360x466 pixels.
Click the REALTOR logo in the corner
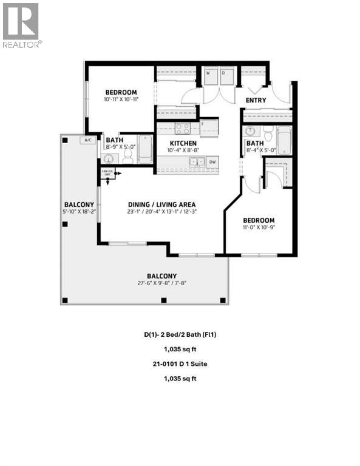[22, 25]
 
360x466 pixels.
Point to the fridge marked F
[201, 124]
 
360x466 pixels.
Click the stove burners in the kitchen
[183, 128]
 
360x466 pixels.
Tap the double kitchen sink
[196, 162]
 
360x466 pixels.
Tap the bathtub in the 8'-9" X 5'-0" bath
[144, 149]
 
